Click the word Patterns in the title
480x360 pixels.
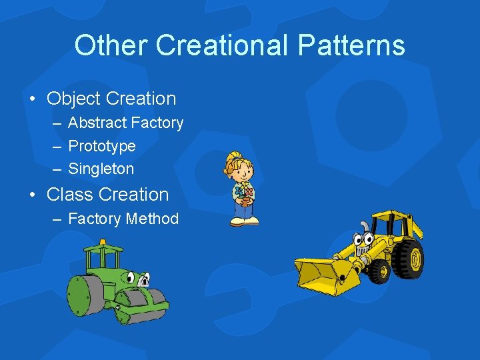click(351, 45)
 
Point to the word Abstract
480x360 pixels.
click(97, 123)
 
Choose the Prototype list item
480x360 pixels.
click(102, 146)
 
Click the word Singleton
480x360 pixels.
click(101, 169)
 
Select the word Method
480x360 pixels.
click(155, 219)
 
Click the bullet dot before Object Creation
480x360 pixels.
click(32, 99)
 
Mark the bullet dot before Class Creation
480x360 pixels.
click(32, 195)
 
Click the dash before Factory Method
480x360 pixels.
click(55, 219)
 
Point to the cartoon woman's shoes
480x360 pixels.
click(243, 222)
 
